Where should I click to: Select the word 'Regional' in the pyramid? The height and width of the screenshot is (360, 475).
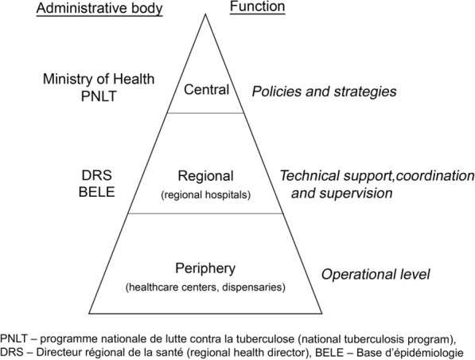click(206, 176)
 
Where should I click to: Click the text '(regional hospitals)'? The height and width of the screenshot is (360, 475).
click(206, 192)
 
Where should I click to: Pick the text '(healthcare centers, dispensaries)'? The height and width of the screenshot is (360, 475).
click(205, 284)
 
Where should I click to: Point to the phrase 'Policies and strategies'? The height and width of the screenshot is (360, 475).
click(324, 92)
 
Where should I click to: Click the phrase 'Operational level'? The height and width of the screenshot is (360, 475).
click(376, 275)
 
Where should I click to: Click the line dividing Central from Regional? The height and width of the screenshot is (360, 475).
click(207, 113)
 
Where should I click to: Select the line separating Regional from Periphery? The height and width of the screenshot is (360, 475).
click(207, 213)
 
